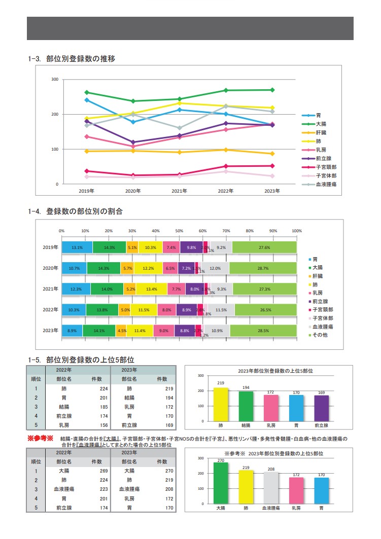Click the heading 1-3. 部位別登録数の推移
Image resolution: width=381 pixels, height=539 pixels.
pos(72,58)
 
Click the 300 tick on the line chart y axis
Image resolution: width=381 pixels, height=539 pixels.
pos(55,80)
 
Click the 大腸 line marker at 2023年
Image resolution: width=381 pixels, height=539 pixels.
pos(272,90)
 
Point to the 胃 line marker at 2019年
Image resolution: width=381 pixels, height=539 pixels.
pos(87,100)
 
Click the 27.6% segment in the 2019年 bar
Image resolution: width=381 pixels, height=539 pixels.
pos(264,247)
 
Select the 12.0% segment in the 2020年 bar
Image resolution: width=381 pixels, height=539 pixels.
pos(215,268)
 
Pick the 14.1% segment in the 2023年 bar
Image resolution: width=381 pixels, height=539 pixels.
pos(99,331)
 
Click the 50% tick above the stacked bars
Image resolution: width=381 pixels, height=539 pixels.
pos(180,231)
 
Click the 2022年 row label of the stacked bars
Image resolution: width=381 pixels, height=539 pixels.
pos(51,310)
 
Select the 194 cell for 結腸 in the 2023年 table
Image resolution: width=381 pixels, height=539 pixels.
pos(162,398)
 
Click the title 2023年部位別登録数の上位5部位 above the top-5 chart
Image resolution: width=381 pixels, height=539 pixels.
pos(269,371)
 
